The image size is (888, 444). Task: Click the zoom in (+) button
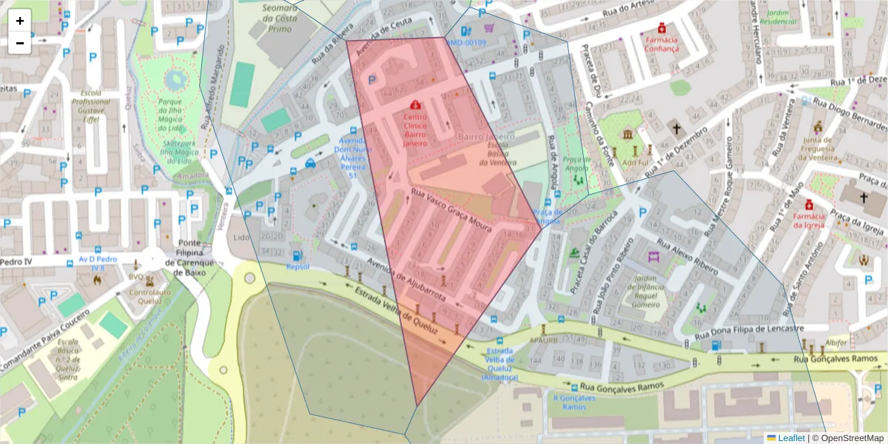point(20,21)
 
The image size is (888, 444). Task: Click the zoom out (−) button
point(20,43)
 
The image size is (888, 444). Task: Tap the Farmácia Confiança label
point(661,44)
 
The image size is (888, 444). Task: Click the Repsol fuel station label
point(297,266)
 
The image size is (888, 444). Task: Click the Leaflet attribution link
point(791,438)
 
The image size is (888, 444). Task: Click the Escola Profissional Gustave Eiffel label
point(92,105)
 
